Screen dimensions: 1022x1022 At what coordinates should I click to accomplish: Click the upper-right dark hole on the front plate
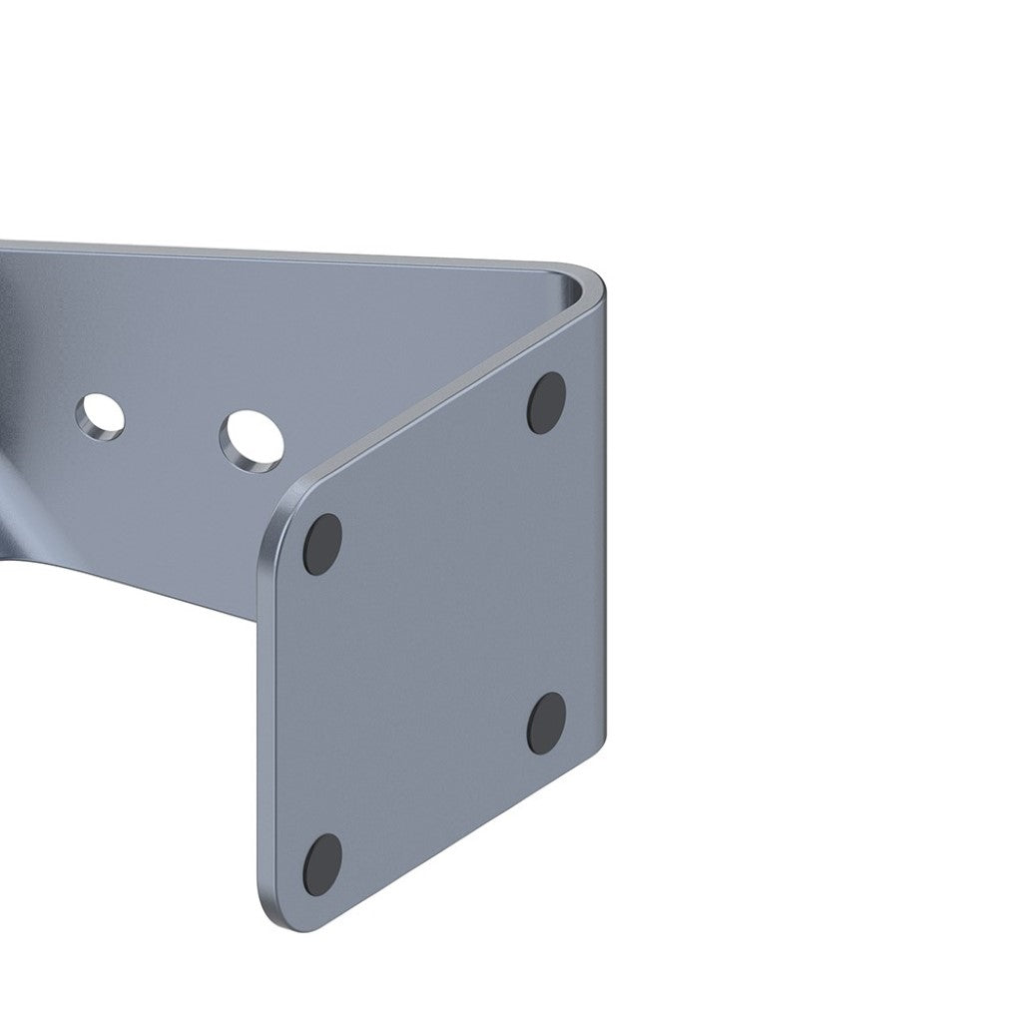coord(546,402)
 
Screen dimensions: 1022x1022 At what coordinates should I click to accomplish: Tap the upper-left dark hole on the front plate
coord(322,544)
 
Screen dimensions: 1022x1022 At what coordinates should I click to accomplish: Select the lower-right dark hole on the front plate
coord(546,723)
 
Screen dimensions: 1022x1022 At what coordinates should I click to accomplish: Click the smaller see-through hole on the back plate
coord(101,416)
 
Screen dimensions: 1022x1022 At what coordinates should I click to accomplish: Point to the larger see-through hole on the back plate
coord(251,439)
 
